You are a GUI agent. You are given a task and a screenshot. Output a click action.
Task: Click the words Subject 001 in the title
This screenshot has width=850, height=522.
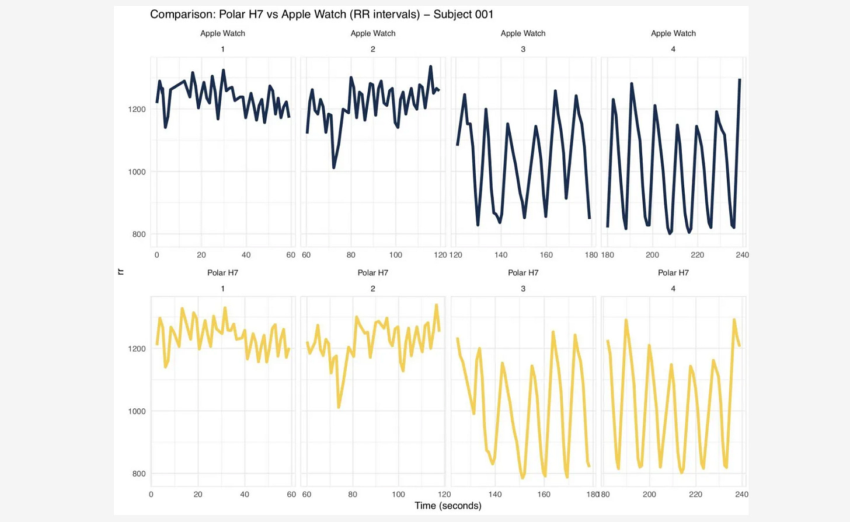pyautogui.click(x=463, y=15)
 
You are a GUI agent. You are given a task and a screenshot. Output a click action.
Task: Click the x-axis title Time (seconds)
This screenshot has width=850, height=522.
pyautogui.click(x=448, y=506)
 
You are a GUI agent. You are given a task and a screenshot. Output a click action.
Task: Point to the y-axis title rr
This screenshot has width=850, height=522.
pyautogui.click(x=121, y=272)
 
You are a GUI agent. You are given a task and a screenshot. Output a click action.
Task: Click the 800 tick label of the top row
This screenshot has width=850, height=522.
pyautogui.click(x=138, y=234)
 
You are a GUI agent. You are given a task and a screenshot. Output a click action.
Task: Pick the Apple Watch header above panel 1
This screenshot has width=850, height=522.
pyautogui.click(x=222, y=33)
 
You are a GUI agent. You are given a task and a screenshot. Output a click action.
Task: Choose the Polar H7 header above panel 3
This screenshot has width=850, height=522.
pyautogui.click(x=523, y=272)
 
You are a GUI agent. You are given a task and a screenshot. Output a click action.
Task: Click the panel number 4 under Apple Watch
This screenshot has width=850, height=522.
pyautogui.click(x=673, y=49)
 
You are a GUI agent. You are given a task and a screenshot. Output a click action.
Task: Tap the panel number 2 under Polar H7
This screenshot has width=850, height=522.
pyautogui.click(x=372, y=288)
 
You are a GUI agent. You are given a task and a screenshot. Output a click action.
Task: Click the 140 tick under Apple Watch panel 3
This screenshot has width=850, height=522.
pyautogui.click(x=501, y=255)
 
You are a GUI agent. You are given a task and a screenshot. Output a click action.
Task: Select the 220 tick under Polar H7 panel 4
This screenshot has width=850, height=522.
pyautogui.click(x=695, y=494)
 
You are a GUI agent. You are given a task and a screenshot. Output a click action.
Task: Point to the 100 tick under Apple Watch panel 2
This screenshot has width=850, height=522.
pyautogui.click(x=395, y=255)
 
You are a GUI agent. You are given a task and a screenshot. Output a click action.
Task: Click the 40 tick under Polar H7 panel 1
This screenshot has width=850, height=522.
pyautogui.click(x=245, y=494)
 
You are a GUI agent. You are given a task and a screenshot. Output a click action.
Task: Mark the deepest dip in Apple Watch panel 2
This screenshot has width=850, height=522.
pyautogui.click(x=334, y=167)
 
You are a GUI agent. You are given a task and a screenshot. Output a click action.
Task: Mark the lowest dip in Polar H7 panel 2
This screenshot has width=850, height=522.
pyautogui.click(x=339, y=407)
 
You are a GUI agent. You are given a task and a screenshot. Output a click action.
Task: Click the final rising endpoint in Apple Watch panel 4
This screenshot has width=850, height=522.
pyautogui.click(x=740, y=80)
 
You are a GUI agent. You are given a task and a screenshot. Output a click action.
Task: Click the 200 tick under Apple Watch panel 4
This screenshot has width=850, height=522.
pyautogui.click(x=652, y=255)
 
